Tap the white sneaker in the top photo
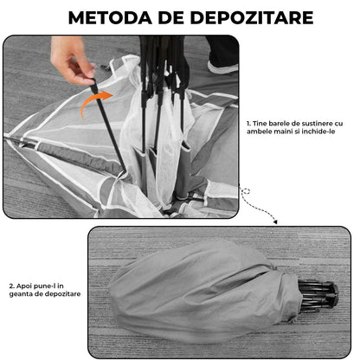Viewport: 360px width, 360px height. pyautogui.click(x=222, y=66)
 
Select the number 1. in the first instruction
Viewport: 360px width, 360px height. pyautogui.click(x=249, y=124)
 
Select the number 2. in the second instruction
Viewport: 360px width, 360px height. pyautogui.click(x=13, y=285)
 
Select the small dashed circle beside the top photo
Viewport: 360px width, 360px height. pyautogui.click(x=246, y=190)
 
